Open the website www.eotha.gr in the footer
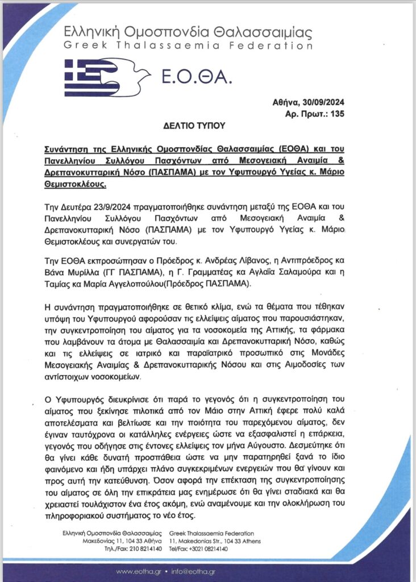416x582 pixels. click(138, 571)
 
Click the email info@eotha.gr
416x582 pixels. click(193, 571)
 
